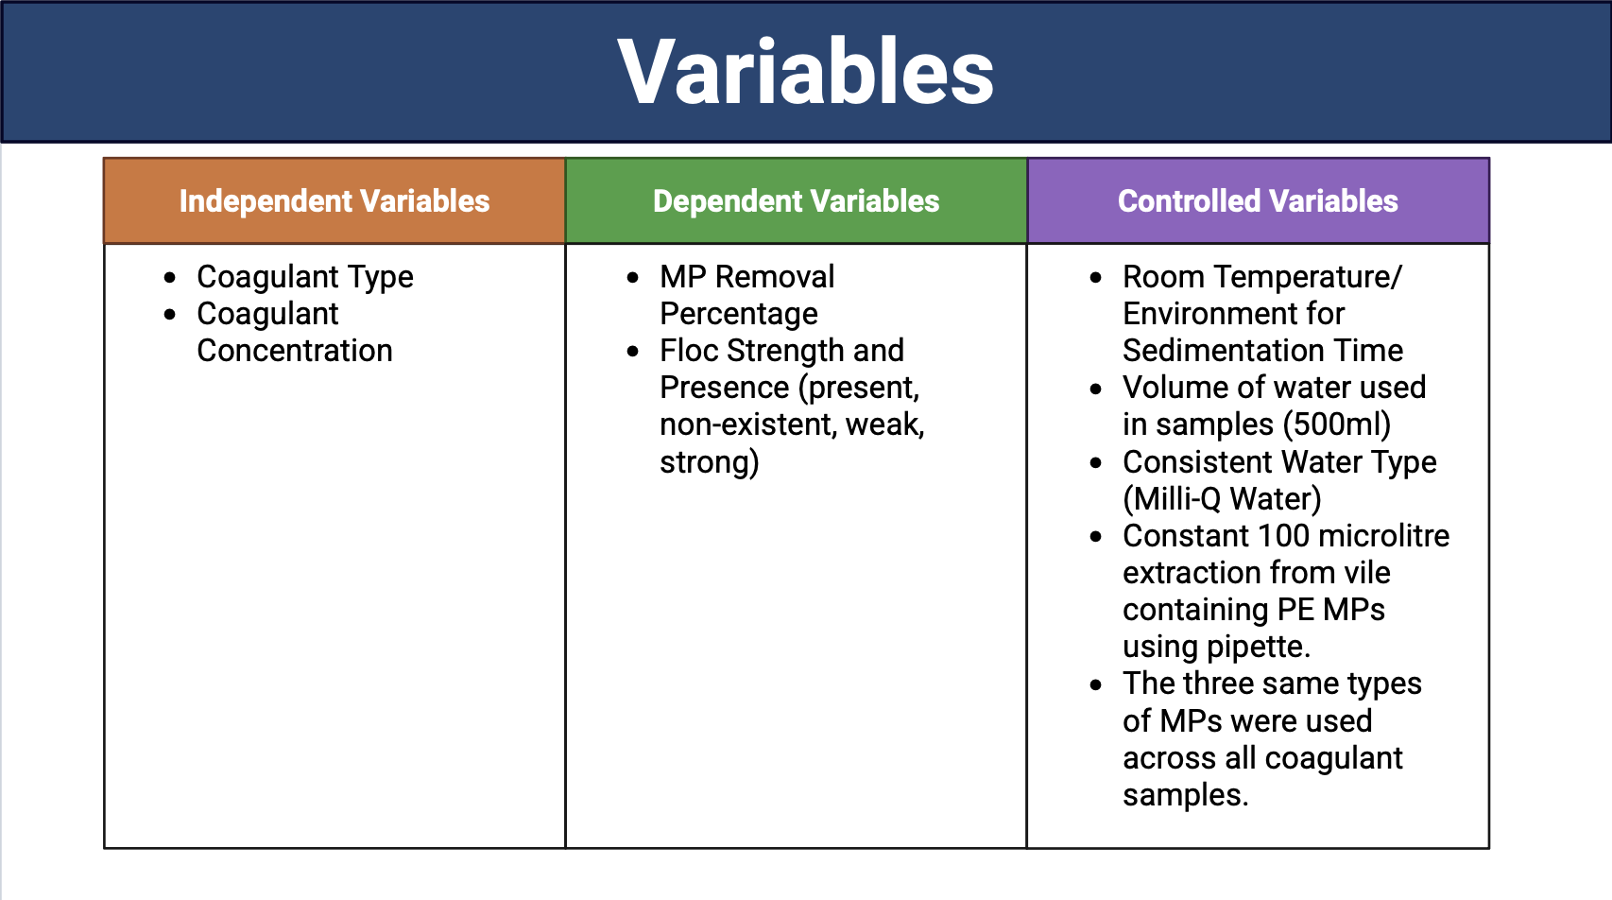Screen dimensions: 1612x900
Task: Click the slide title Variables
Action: [x=805, y=73]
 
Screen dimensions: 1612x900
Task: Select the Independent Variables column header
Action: [x=334, y=200]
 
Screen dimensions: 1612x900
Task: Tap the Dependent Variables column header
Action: [x=796, y=200]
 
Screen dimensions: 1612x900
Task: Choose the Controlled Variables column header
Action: [x=1258, y=200]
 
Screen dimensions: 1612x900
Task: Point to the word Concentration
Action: [x=295, y=351]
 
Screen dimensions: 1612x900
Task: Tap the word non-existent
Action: [x=747, y=424]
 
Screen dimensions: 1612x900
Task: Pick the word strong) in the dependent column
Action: [x=710, y=462]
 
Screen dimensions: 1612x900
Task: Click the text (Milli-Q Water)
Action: [x=1222, y=499]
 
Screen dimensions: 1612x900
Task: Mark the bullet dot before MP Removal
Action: [x=632, y=278]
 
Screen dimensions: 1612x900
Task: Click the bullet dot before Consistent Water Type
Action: [x=1095, y=463]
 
